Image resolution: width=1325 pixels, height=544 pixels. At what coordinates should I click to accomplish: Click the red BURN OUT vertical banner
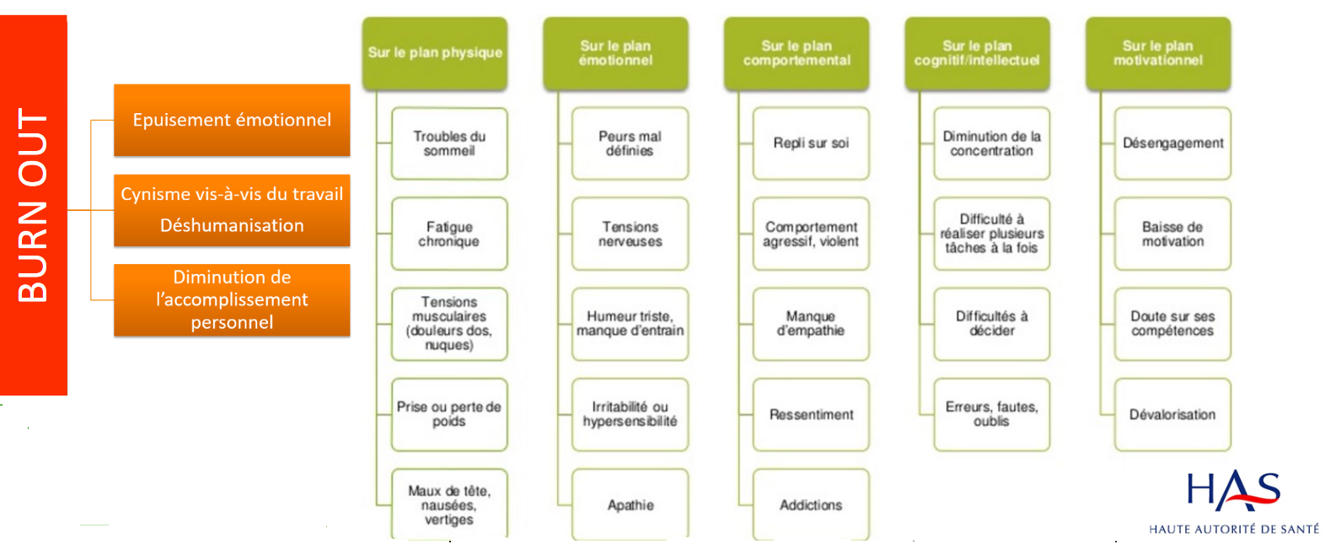click(34, 205)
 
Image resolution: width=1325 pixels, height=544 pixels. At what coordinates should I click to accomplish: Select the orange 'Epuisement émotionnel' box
click(232, 120)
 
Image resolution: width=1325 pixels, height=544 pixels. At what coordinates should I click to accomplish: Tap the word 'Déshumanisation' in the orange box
click(232, 225)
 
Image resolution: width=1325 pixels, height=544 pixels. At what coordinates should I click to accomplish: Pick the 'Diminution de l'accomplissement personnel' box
click(232, 300)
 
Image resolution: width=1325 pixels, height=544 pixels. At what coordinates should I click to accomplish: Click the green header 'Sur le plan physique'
click(435, 53)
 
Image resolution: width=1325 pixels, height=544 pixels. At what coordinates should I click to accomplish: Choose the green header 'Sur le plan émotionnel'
click(616, 53)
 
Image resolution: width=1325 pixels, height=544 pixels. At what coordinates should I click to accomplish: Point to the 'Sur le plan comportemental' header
click(797, 53)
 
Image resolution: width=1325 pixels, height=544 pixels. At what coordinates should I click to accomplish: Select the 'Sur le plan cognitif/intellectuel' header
click(977, 53)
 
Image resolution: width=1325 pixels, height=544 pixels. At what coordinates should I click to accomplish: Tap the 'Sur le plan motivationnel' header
click(1158, 53)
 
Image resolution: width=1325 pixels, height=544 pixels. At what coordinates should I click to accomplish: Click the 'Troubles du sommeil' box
click(449, 143)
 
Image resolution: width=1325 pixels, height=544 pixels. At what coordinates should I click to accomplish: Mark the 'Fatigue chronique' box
click(449, 234)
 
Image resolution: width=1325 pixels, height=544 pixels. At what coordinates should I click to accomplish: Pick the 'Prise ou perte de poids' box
click(449, 414)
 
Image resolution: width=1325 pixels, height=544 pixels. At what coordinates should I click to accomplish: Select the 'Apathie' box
click(630, 504)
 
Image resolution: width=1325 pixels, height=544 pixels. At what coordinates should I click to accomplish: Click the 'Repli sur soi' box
click(811, 143)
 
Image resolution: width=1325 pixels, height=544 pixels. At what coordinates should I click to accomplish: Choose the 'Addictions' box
click(811, 504)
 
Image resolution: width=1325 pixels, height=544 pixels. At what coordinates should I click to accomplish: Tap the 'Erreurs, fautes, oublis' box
click(992, 414)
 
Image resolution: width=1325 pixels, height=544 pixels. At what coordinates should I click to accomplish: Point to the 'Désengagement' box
click(1173, 143)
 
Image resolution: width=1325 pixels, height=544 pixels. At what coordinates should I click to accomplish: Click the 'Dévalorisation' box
click(1173, 414)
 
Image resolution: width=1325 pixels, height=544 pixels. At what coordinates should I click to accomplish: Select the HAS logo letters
click(1234, 491)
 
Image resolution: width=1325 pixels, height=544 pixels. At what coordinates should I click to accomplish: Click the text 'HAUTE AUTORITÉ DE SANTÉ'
click(1234, 529)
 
